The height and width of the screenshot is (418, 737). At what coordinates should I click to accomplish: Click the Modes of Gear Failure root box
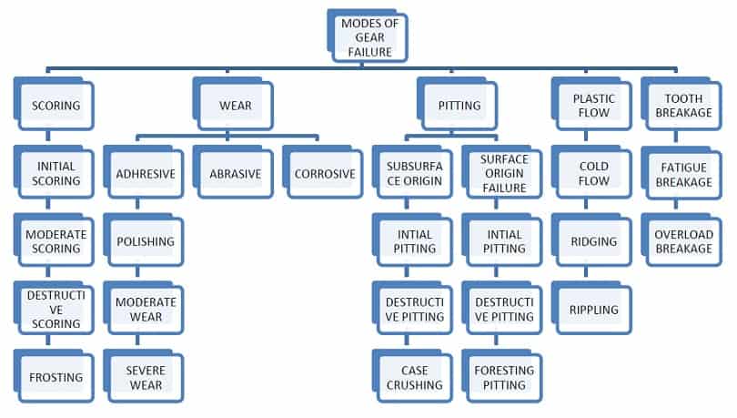[368, 37]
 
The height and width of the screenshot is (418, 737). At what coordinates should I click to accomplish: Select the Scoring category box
[56, 106]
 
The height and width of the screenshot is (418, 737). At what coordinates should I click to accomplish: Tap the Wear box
[236, 106]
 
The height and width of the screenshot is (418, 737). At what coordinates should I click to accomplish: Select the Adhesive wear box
[145, 173]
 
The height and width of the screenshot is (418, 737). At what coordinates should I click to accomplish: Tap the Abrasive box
[235, 173]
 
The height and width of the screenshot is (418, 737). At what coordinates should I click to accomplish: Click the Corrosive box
[325, 173]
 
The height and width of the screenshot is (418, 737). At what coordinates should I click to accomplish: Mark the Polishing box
[145, 241]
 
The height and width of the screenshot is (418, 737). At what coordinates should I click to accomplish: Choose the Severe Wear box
[145, 377]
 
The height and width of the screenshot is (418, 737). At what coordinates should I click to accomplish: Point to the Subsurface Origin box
[414, 173]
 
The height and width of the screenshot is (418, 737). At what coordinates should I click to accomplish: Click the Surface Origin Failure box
[503, 173]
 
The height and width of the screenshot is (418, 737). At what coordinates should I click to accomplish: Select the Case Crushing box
[414, 377]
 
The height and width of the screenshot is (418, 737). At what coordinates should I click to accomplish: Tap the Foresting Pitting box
[503, 377]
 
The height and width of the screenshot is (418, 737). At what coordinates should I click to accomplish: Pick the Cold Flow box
[593, 173]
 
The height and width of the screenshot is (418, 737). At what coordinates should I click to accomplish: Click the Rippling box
[593, 310]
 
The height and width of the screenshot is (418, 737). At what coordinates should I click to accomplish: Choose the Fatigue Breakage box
[682, 173]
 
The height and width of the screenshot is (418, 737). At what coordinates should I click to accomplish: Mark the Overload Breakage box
[682, 241]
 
